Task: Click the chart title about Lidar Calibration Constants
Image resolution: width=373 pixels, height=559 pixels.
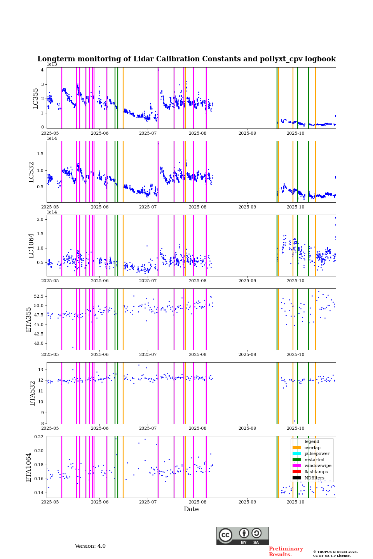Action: pyautogui.click(x=186, y=59)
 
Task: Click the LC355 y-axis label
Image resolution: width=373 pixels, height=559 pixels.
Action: pyautogui.click(x=36, y=98)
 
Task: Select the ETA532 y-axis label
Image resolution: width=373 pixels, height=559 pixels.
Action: pyautogui.click(x=33, y=393)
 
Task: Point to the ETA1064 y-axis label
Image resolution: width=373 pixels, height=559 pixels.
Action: pyautogui.click(x=29, y=467)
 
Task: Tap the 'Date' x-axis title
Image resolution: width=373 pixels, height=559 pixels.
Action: pyautogui.click(x=191, y=509)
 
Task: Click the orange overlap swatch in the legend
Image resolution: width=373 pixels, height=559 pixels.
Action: pyautogui.click(x=297, y=448)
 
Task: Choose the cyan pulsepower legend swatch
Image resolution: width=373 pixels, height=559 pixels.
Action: pyautogui.click(x=297, y=454)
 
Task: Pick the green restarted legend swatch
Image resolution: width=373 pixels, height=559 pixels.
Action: pyautogui.click(x=297, y=460)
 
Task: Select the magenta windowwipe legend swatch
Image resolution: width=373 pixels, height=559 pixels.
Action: pyautogui.click(x=297, y=466)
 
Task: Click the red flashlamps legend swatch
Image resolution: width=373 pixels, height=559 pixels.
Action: pyautogui.click(x=297, y=472)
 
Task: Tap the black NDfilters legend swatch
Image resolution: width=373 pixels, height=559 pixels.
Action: pyautogui.click(x=297, y=478)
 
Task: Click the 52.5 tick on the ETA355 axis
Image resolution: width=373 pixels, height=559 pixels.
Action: pyautogui.click(x=37, y=296)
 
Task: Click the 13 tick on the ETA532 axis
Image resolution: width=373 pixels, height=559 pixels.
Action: pyautogui.click(x=40, y=370)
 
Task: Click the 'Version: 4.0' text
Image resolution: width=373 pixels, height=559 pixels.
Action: pyautogui.click(x=90, y=546)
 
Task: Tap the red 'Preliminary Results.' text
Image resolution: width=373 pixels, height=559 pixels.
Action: pyautogui.click(x=286, y=552)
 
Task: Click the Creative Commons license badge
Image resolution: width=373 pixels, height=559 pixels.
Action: pyautogui.click(x=242, y=536)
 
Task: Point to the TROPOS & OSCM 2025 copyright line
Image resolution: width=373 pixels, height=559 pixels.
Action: pyautogui.click(x=335, y=552)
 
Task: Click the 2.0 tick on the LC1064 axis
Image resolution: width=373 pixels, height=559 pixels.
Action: pyautogui.click(x=40, y=219)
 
